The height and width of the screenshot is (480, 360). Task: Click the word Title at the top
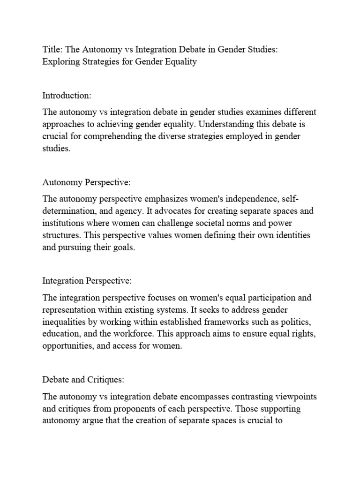[x=51, y=50]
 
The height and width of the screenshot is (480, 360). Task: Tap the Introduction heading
[x=67, y=96]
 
